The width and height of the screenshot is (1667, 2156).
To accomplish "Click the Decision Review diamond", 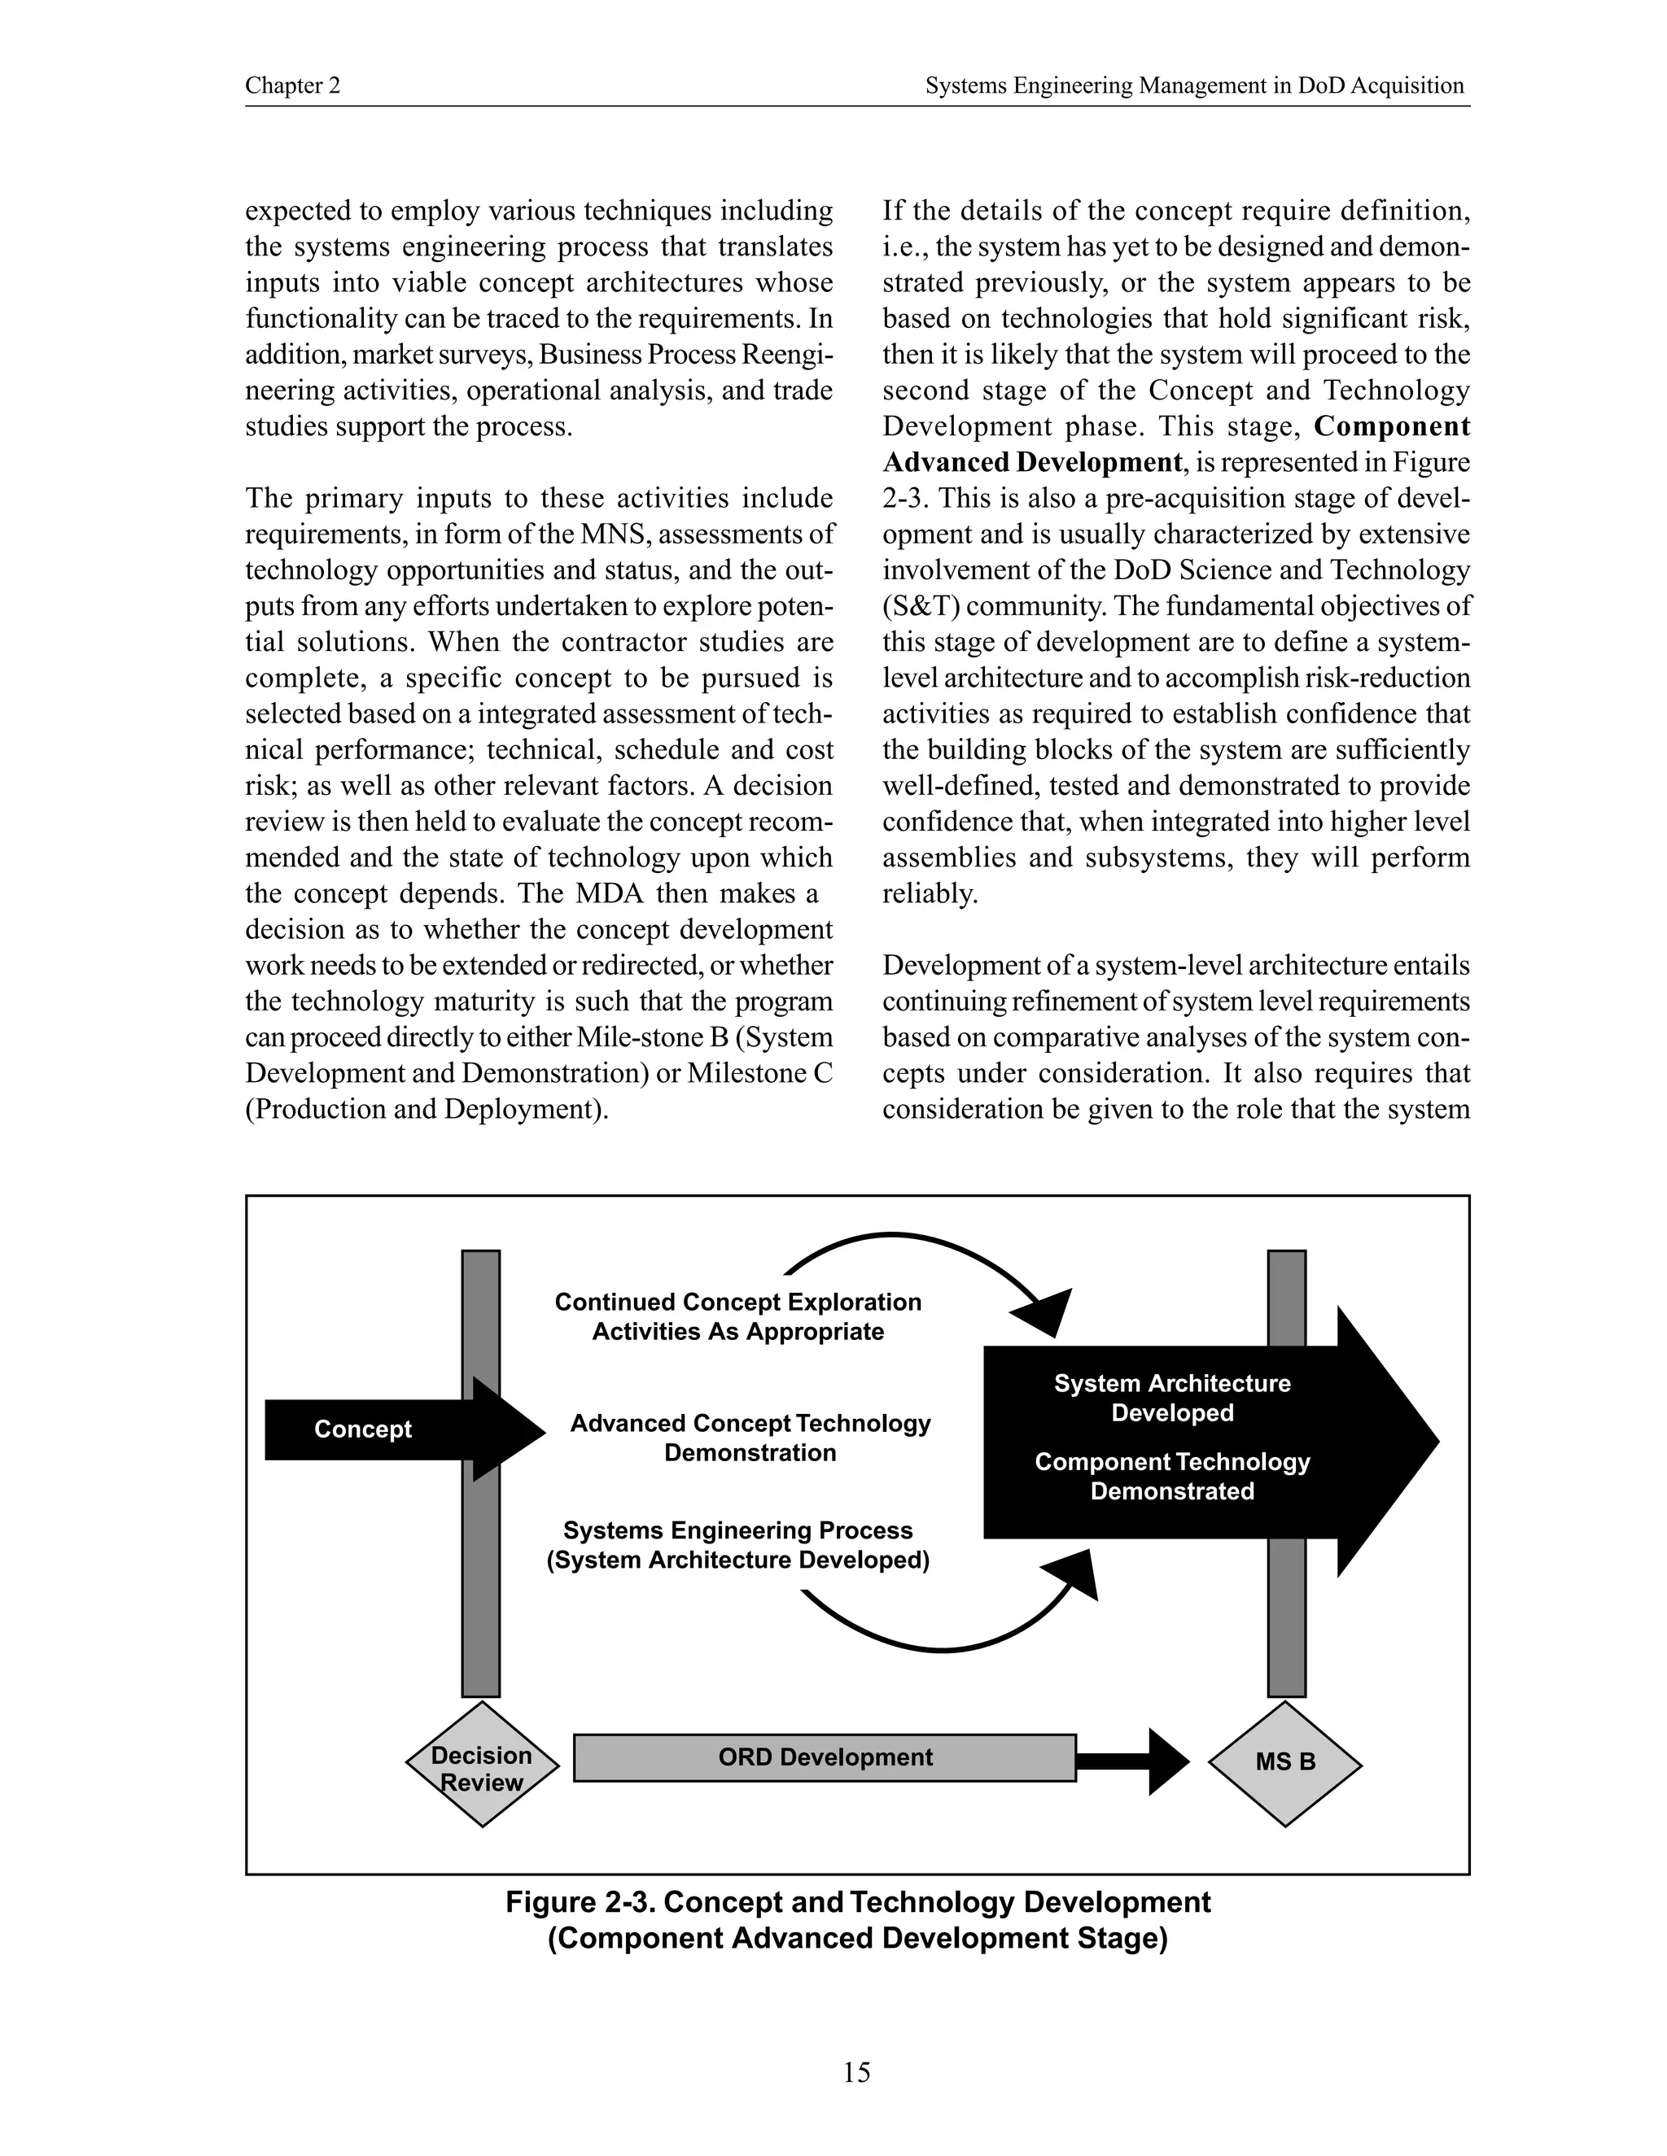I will coord(482,1768).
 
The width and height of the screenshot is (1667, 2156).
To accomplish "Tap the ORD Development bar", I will coord(825,1757).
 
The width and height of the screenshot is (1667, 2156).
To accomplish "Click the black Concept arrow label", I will coord(362,1429).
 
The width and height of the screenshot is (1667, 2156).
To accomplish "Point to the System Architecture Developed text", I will coord(1171,1398).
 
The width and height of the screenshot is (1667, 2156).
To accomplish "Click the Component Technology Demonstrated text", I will coord(1171,1476).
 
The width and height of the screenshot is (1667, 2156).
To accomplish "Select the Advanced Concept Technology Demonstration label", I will coord(750,1438).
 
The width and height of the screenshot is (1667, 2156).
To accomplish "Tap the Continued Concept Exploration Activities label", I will coord(737,1316).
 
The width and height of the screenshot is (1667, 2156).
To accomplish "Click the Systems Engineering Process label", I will coord(737,1545).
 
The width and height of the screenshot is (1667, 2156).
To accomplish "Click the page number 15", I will coord(856,2072).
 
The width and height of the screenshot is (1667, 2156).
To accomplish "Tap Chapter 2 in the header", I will coord(292,86).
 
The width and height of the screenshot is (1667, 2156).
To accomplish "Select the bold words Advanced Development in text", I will coord(1032,462).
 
